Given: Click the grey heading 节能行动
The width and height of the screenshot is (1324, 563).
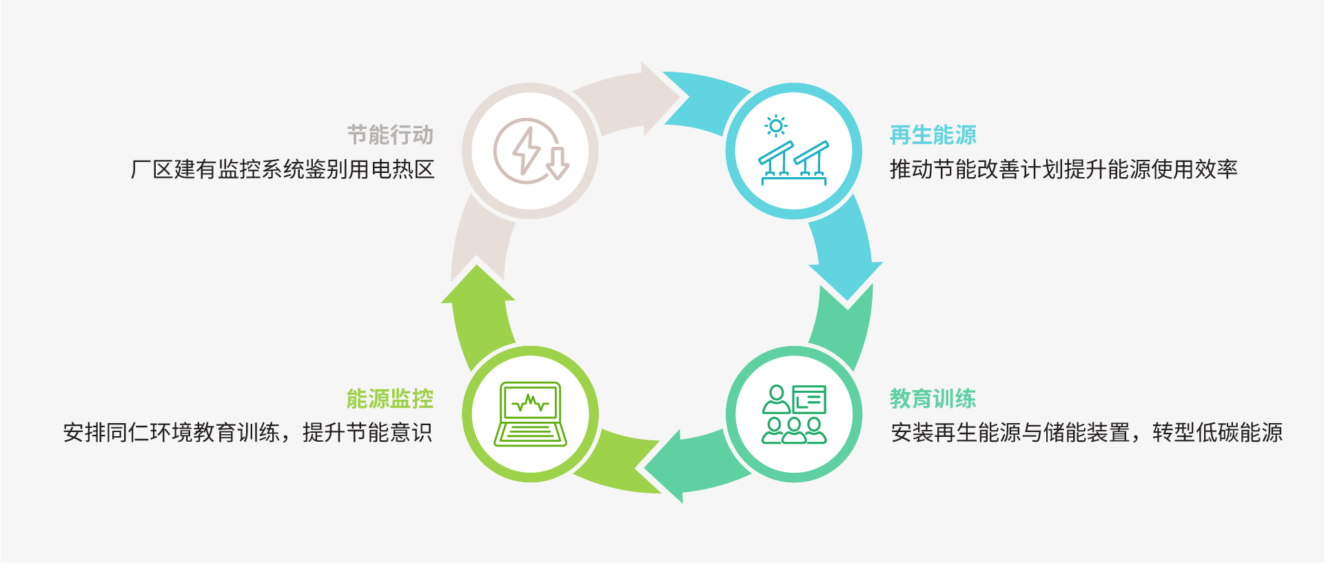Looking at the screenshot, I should [x=389, y=135].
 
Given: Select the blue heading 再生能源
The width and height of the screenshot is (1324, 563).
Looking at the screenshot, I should [x=933, y=135].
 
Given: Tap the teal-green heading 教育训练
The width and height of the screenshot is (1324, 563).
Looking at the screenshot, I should [x=933, y=398].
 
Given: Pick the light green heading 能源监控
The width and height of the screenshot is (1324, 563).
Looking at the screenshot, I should [x=389, y=398].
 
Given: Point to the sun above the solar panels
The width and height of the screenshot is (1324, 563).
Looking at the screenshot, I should [x=776, y=126].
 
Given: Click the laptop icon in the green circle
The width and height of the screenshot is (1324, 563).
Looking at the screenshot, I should [x=530, y=414].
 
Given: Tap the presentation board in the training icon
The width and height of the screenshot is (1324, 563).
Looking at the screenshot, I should [x=808, y=400].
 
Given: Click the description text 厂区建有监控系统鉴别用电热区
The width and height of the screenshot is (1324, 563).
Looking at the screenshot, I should [x=283, y=170].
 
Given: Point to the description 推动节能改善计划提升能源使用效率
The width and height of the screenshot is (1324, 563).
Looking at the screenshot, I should [x=1063, y=170].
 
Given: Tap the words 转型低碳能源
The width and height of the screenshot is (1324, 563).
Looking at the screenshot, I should [x=1217, y=433].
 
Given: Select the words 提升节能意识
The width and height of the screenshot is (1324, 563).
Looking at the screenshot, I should [x=367, y=433].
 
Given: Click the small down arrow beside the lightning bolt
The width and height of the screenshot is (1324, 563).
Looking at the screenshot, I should [x=558, y=163].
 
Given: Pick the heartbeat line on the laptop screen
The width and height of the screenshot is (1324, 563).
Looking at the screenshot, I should [x=530, y=402].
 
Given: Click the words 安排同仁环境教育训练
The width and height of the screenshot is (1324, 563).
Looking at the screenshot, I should [x=172, y=433].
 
